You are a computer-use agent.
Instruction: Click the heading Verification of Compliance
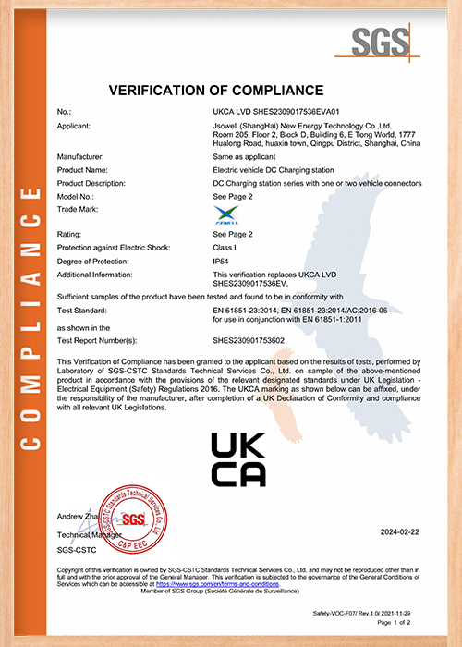[216, 91]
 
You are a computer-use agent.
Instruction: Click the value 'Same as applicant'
[242, 158]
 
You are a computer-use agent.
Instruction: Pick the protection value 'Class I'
[225, 248]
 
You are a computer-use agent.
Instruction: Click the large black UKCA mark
[238, 458]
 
